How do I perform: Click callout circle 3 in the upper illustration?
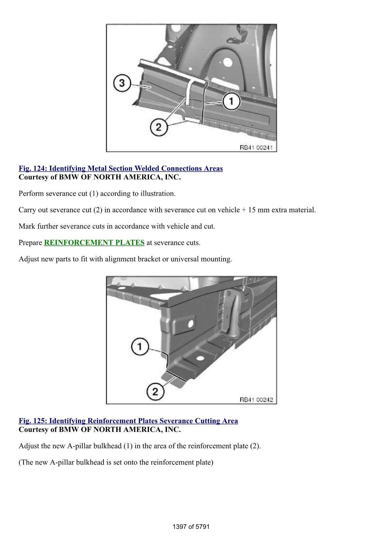[x=122, y=83]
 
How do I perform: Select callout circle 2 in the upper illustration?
[x=159, y=128]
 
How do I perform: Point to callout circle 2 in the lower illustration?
[x=155, y=392]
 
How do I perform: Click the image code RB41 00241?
[x=256, y=148]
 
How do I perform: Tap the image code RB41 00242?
[x=256, y=400]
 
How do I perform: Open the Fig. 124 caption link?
[x=120, y=168]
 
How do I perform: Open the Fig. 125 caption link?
[x=128, y=421]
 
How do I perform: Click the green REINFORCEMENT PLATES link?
[x=94, y=243]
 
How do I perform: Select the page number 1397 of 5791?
[x=191, y=527]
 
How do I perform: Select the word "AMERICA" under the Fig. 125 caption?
[x=142, y=429]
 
